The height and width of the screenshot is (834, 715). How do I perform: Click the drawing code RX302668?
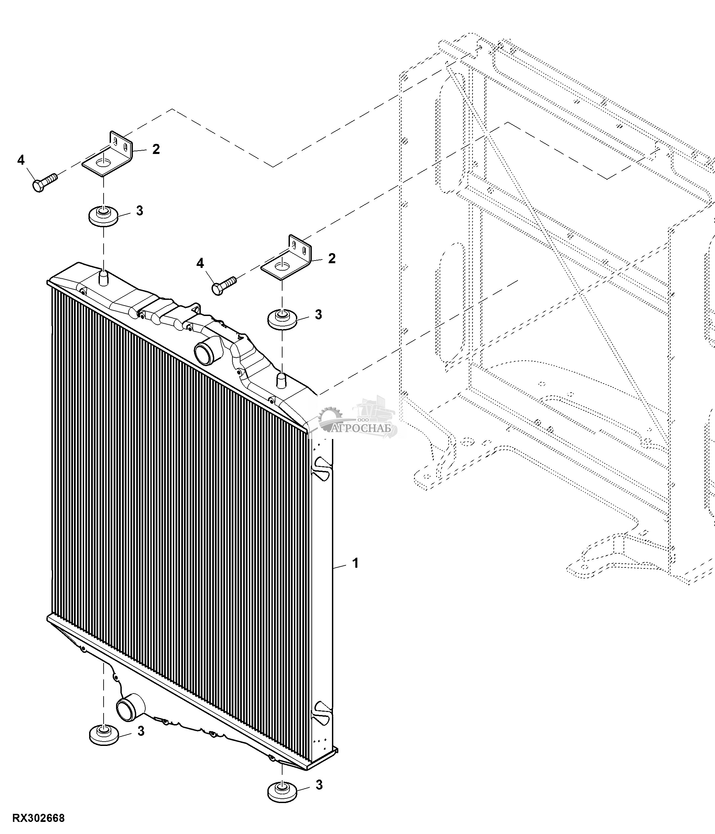38,819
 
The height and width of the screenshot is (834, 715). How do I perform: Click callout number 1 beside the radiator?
355,563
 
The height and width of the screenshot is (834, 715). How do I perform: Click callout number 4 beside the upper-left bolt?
21,160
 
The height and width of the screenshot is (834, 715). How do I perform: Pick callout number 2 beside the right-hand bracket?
332,259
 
